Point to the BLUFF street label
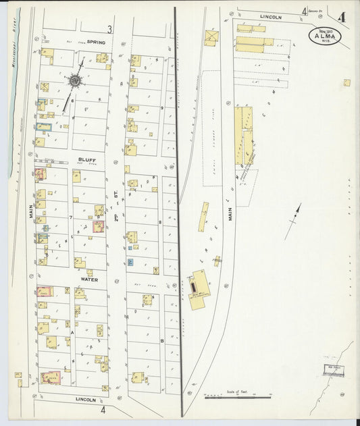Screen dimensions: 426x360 [x=87, y=160]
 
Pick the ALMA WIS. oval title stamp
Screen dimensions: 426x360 [x=325, y=35]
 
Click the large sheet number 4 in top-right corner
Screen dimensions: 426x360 [x=343, y=17]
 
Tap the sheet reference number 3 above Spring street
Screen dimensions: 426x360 [x=109, y=29]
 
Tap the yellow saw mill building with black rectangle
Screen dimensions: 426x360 [x=198, y=291]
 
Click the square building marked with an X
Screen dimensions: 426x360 [x=211, y=38]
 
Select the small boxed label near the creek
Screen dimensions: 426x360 [x=332, y=369]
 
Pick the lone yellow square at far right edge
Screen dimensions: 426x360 [x=346, y=83]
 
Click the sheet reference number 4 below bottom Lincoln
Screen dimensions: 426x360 [x=103, y=409]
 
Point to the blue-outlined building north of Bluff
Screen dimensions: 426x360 [x=44, y=126]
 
